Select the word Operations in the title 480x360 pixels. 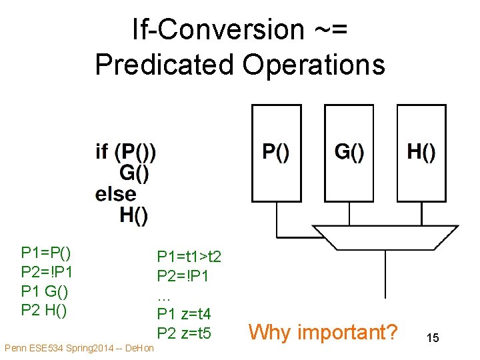point(314,65)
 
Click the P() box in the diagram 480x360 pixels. point(276,153)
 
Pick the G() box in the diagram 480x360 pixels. point(349,153)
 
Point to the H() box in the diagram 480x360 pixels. point(421,153)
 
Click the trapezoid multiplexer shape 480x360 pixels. point(385,237)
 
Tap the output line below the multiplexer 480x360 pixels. point(385,273)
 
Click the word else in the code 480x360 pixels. point(116,195)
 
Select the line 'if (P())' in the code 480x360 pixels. point(126,152)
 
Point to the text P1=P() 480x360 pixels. point(46,253)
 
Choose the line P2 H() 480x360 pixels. point(44,310)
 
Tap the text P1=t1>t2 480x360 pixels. point(189,257)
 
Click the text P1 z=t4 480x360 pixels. point(183,313)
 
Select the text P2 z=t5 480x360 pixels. point(183,332)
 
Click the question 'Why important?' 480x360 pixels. point(323,331)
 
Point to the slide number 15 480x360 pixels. point(433,338)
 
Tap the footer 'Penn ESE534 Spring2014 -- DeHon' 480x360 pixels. point(79,349)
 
